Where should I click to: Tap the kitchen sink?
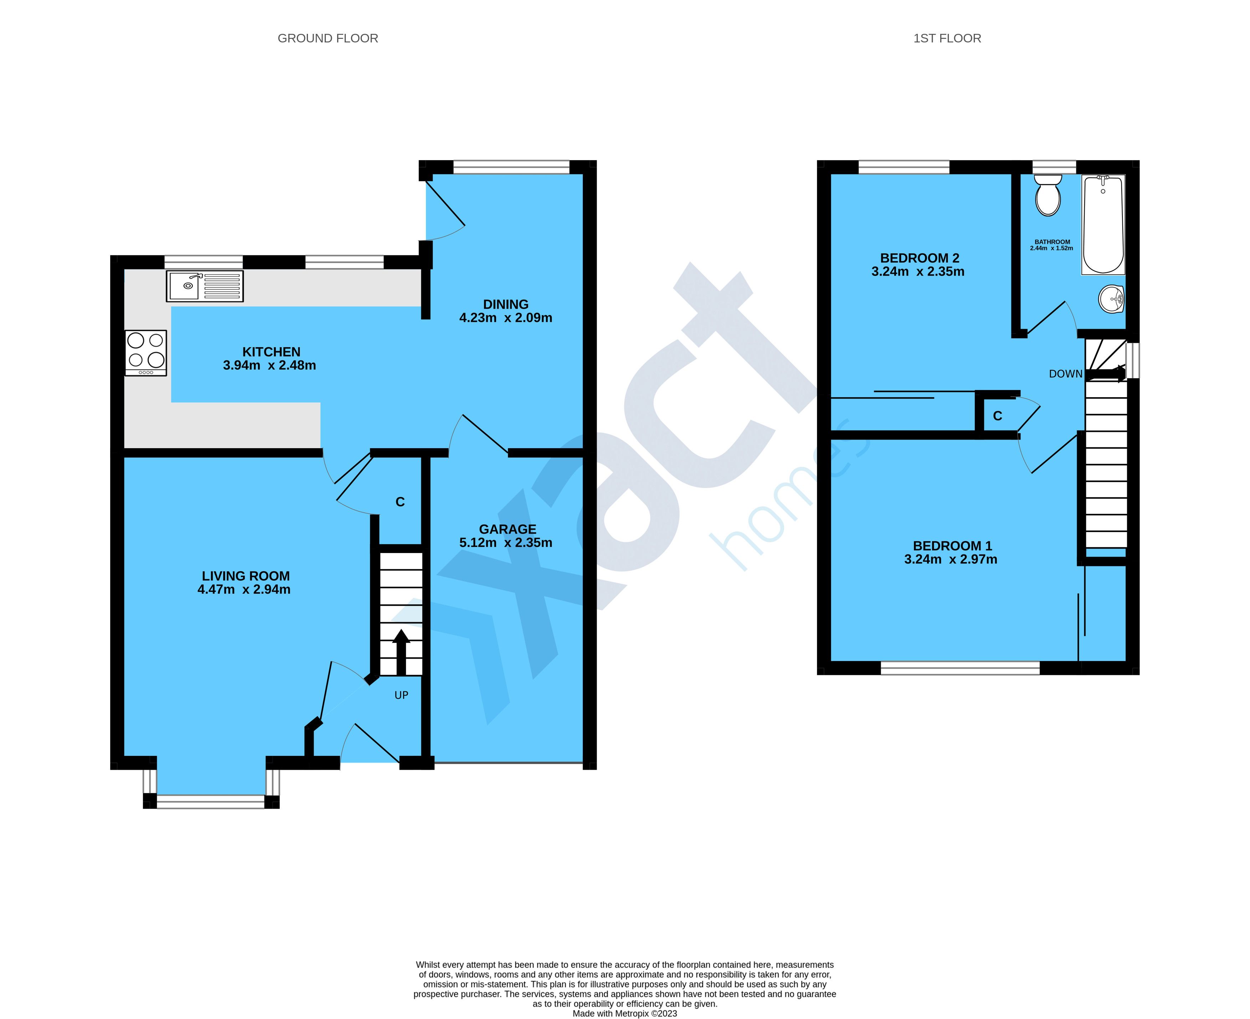pos(204,286)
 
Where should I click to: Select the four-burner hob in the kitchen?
pos(145,352)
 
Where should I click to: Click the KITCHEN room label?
pos(271,352)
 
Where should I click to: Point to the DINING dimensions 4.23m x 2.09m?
pos(505,318)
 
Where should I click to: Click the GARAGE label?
pos(507,529)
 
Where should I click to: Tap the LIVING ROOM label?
pos(245,576)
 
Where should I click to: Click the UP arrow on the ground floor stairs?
pos(401,651)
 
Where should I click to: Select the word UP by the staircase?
pos(401,695)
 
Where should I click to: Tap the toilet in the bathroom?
pos(1048,195)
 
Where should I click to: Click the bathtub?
pos(1103,224)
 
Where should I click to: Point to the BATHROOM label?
pos(1051,242)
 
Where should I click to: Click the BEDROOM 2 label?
pos(919,258)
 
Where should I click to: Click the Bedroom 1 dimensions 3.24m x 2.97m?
pos(950,559)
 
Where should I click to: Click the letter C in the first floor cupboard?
pos(997,416)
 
